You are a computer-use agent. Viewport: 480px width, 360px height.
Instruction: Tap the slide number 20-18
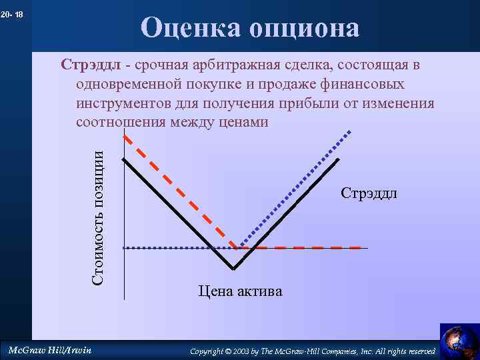[13, 14]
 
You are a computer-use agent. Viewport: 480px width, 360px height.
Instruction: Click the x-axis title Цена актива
[240, 291]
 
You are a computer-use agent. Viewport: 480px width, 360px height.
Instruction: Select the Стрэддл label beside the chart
[369, 193]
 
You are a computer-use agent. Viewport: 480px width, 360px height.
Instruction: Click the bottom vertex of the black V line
[233, 269]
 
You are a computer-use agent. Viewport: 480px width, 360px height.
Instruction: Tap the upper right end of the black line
[339, 159]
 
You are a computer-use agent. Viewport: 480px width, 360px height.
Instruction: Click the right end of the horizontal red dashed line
[361, 248]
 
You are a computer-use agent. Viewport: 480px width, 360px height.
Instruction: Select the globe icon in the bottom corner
[459, 341]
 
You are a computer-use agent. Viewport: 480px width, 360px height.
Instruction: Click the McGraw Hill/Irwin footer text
[49, 350]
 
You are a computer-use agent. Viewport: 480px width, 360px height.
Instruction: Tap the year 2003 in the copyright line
[240, 351]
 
